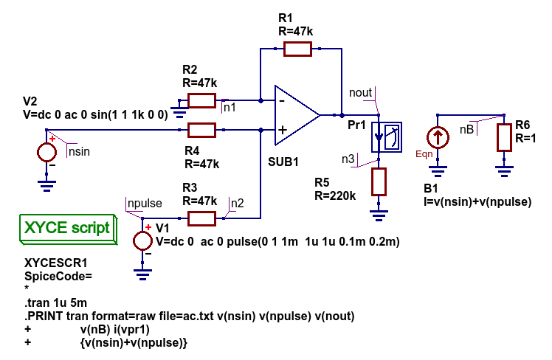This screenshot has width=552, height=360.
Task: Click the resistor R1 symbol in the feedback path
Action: click(x=297, y=49)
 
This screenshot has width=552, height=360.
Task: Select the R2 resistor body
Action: click(x=201, y=100)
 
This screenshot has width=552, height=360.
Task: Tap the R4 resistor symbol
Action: click(x=201, y=130)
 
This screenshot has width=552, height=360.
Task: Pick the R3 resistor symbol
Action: click(x=201, y=218)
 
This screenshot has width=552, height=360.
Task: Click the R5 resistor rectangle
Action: click(x=379, y=181)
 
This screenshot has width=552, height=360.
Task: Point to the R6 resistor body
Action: click(x=504, y=138)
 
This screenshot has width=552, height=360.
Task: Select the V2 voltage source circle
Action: click(x=46, y=153)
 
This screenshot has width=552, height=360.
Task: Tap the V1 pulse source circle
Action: click(x=142, y=241)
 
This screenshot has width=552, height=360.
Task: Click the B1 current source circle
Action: click(x=438, y=137)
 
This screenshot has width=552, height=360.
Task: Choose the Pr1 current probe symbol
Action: click(x=387, y=137)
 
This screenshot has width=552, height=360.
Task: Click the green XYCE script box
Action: click(x=68, y=229)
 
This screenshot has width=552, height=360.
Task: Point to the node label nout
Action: click(x=360, y=92)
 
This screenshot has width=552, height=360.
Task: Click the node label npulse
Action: click(x=145, y=203)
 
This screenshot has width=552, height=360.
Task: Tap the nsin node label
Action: click(x=79, y=152)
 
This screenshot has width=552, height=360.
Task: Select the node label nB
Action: click(x=467, y=130)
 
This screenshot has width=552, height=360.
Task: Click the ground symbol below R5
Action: click(x=379, y=215)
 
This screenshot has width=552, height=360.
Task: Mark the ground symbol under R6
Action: click(x=504, y=171)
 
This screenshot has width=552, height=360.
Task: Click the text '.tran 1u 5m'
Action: click(x=55, y=302)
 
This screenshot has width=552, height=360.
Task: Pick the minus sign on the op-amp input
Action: click(x=282, y=101)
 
